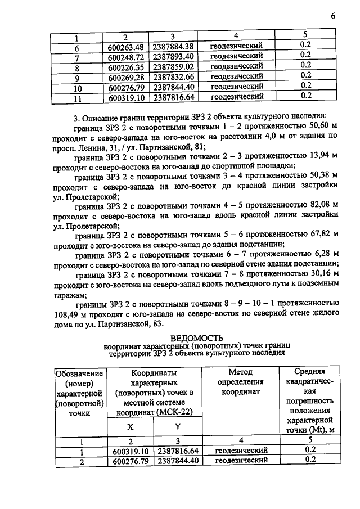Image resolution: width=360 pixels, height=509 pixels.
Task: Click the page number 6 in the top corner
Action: (x=333, y=17)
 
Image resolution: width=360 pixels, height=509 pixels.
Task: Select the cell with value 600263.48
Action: (x=129, y=46)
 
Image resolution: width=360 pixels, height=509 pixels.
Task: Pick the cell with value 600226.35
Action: (x=129, y=66)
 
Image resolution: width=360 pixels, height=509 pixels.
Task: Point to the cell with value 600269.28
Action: (x=129, y=76)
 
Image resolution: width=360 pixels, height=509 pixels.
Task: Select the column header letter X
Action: (x=129, y=427)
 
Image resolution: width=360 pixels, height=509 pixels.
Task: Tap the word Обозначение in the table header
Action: (x=79, y=373)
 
